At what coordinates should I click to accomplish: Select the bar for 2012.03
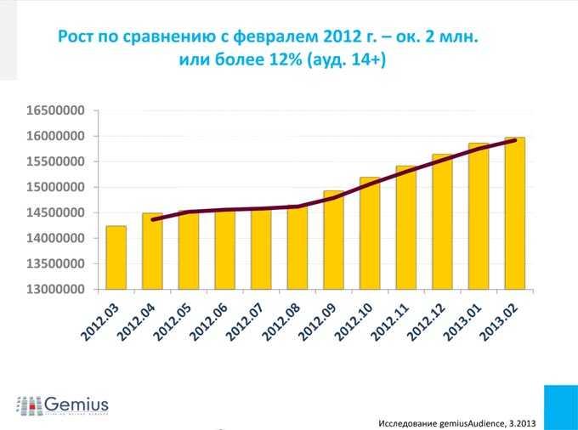coord(116,257)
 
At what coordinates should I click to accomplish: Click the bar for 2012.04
coord(152,252)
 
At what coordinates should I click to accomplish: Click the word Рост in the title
coord(76,38)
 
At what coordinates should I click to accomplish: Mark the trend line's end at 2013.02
coord(515,141)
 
